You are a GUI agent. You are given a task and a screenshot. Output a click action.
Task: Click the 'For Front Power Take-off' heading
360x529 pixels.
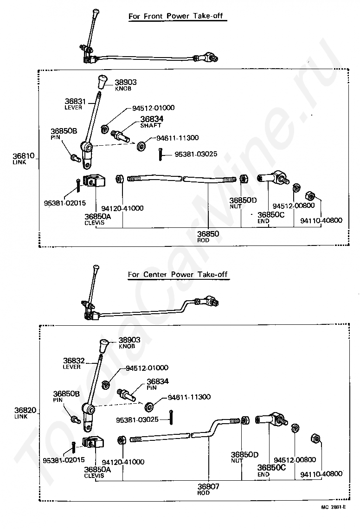pyautogui.click(x=176, y=16)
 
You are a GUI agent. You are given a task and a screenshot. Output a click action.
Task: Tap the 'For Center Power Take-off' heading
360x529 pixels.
pyautogui.click(x=178, y=274)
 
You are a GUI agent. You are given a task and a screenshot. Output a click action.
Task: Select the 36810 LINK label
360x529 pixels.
pyautogui.click(x=24, y=158)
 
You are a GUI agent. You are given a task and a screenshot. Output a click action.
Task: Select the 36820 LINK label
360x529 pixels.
pyautogui.click(x=25, y=413)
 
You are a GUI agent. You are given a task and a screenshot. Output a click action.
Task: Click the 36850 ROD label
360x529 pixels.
pyautogui.click(x=208, y=237)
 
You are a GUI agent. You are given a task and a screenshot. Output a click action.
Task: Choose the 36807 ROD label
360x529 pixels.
pyautogui.click(x=208, y=489)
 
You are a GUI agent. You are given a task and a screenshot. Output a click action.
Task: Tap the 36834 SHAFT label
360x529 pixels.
pyautogui.click(x=152, y=122)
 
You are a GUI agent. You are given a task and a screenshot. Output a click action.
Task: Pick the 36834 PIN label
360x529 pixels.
pyautogui.click(x=158, y=384)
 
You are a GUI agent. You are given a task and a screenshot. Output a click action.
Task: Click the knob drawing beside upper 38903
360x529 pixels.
pyautogui.click(x=102, y=82)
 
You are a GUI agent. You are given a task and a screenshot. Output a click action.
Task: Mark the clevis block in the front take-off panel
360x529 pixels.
pyautogui.click(x=95, y=181)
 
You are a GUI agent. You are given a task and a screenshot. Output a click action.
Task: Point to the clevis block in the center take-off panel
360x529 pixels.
pyautogui.click(x=93, y=442)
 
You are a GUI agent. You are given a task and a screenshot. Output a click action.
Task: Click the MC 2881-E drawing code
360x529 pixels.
pyautogui.click(x=334, y=507)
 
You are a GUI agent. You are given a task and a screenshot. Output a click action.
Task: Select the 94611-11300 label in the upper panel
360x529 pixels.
pyautogui.click(x=178, y=138)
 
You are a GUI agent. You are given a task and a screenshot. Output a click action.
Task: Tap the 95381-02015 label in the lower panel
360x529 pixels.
pyautogui.click(x=64, y=460)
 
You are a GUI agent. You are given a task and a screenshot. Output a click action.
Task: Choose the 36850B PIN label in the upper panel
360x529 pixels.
pyautogui.click(x=64, y=134)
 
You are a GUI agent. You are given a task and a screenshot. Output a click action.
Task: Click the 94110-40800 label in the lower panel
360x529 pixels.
pyautogui.click(x=321, y=474)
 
